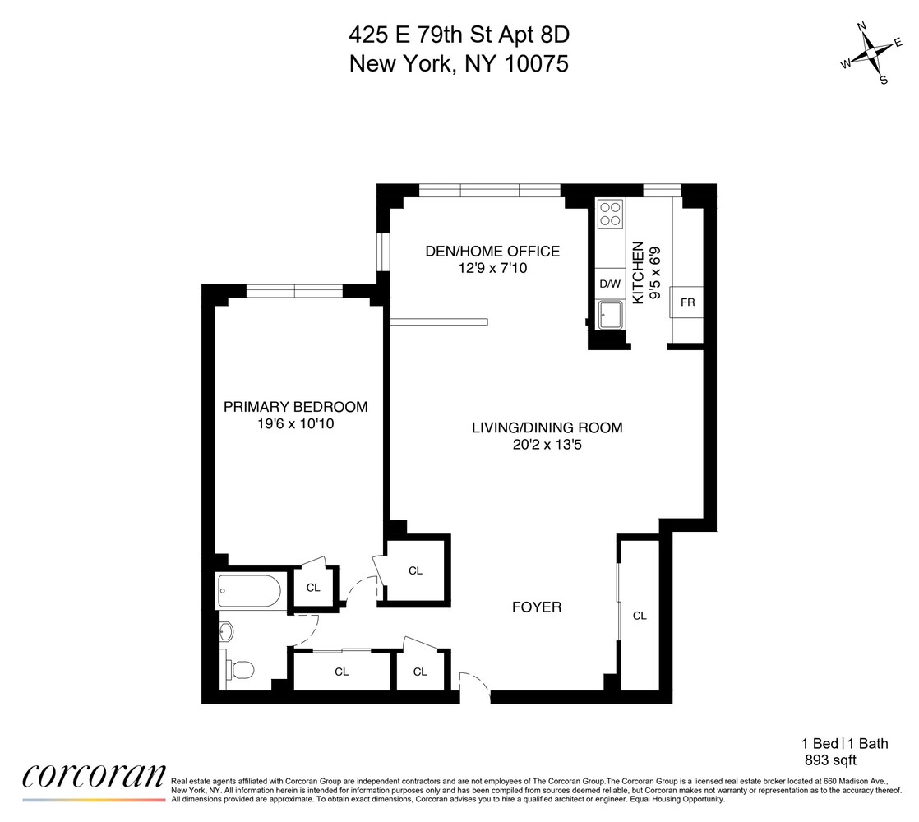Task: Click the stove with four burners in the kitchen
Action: click(610, 214)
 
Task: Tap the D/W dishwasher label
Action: click(609, 284)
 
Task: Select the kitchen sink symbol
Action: click(610, 315)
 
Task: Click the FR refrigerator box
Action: click(687, 302)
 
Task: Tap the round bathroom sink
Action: click(227, 631)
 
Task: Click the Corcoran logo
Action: click(93, 777)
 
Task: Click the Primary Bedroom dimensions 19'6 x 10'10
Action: click(295, 424)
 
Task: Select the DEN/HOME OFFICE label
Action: click(492, 252)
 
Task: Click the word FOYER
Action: click(537, 607)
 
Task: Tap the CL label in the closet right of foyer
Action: click(640, 615)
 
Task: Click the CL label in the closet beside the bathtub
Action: click(313, 587)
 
